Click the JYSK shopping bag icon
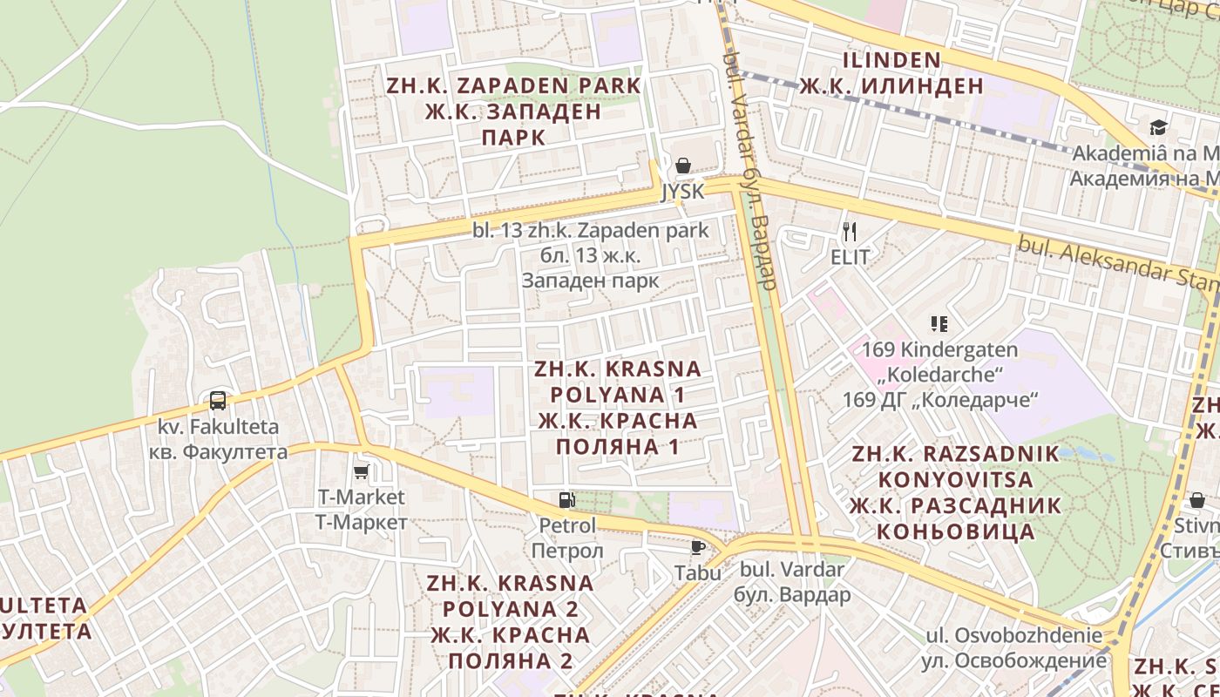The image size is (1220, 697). pyautogui.click(x=683, y=166)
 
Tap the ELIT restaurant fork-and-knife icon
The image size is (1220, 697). pyautogui.click(x=850, y=232)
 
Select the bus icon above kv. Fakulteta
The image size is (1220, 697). pyautogui.click(x=218, y=401)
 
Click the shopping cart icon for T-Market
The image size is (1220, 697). pyautogui.click(x=361, y=471)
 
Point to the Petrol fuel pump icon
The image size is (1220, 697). pyautogui.click(x=566, y=500)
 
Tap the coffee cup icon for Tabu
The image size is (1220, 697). pyautogui.click(x=697, y=547)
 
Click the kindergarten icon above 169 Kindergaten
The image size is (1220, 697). pyautogui.click(x=939, y=324)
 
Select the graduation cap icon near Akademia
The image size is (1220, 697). pyautogui.click(x=1157, y=128)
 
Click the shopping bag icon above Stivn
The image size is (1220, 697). pyautogui.click(x=1197, y=500)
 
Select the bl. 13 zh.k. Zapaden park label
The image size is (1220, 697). pyautogui.click(x=591, y=231)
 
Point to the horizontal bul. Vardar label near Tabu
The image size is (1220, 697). pyautogui.click(x=792, y=570)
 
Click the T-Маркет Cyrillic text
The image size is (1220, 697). pyautogui.click(x=361, y=522)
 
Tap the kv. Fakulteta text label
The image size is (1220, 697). pyautogui.click(x=218, y=427)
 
